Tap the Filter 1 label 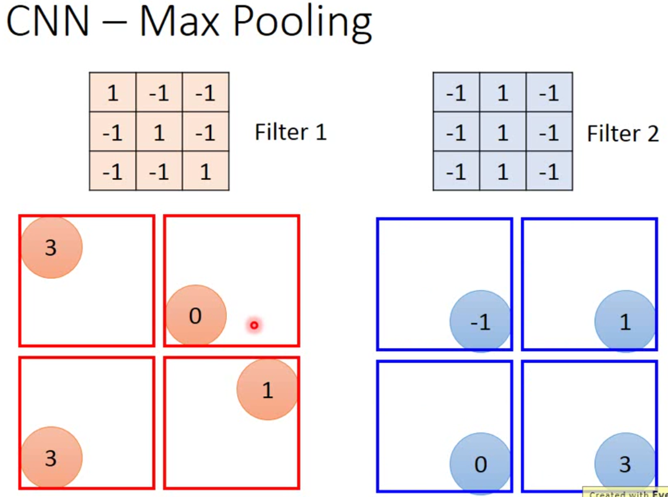290,132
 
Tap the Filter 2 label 622,134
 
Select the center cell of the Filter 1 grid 159,133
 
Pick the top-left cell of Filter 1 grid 113,93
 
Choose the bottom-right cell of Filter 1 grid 205,172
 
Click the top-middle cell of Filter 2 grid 503,93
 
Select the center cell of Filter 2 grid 503,133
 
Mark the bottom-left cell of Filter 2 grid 456,172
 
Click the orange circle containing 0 196,316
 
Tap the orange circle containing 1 267,390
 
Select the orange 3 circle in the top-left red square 52,247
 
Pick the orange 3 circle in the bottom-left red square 52,458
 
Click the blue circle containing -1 480,322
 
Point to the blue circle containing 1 625,322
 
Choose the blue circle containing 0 480,464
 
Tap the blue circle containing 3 625,464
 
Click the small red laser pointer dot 254,325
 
